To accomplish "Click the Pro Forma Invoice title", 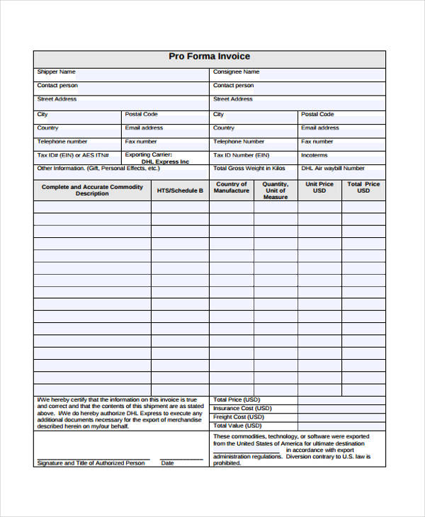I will [x=209, y=57].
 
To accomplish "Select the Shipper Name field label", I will [x=56, y=72].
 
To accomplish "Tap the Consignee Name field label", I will [x=236, y=72].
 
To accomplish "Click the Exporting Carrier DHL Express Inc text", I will [x=157, y=158].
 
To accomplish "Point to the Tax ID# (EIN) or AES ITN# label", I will [x=72, y=154].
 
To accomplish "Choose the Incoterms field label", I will [x=314, y=154].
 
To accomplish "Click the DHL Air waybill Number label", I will [x=333, y=169].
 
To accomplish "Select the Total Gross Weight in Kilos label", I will [x=249, y=169].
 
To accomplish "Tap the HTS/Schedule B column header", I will [x=180, y=191].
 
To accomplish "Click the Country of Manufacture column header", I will [x=232, y=188].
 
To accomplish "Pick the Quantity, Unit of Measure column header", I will [x=276, y=191].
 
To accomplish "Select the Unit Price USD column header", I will [x=319, y=187].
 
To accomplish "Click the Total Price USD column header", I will [x=363, y=187].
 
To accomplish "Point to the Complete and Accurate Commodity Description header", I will [x=92, y=190].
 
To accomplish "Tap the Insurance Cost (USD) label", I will [x=242, y=409].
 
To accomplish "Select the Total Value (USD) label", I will [x=239, y=426].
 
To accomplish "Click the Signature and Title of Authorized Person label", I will [x=91, y=463].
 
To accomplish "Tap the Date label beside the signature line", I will [x=167, y=463].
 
